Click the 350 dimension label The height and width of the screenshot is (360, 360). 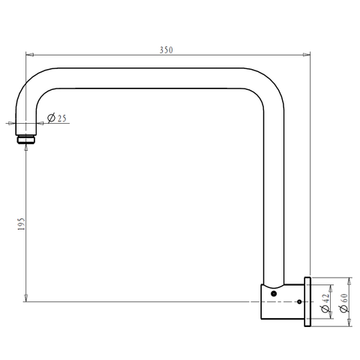click(x=166, y=50)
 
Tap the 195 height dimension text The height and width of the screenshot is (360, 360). click(x=22, y=223)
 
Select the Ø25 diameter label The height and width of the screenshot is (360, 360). click(x=57, y=118)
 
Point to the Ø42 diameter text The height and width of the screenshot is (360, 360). click(x=325, y=303)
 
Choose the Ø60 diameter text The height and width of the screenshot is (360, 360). click(x=344, y=303)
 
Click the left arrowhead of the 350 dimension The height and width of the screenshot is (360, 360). click(x=30, y=55)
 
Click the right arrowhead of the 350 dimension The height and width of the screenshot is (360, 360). click(x=307, y=55)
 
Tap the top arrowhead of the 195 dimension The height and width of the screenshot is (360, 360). click(x=25, y=148)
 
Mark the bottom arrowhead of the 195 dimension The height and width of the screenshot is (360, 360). click(x=25, y=298)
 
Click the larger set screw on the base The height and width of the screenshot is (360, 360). click(x=274, y=294)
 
